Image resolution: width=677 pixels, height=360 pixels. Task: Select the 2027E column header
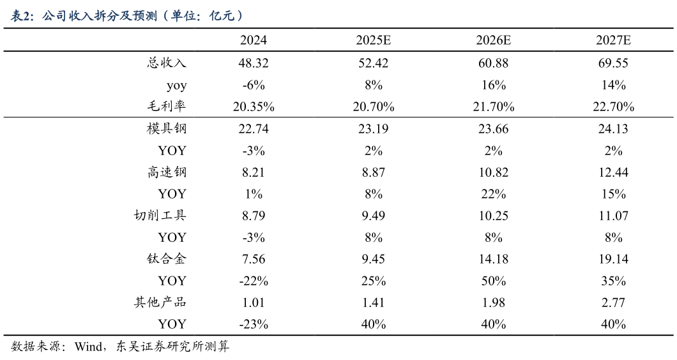613,41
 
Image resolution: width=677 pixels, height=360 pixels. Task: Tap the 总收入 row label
167,63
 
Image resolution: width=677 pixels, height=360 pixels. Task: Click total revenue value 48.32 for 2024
253,63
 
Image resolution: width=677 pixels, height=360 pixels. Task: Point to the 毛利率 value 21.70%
493,107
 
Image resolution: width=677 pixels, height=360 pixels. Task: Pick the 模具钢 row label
167,129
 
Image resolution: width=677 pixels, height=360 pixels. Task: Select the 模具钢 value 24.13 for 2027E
613,129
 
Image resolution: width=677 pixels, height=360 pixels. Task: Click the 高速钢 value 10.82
493,172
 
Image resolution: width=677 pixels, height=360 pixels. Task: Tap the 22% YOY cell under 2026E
493,194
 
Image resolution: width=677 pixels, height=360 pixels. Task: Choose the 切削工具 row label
160,216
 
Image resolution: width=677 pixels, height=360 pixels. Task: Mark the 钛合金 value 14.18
493,259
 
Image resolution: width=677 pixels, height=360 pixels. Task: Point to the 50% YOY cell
493,281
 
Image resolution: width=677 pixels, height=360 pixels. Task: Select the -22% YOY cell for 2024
253,281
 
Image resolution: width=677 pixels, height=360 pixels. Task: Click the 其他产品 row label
160,303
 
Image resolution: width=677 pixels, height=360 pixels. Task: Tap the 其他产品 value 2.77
613,303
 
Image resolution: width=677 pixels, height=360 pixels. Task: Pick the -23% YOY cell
253,324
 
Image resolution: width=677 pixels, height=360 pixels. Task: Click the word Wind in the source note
87,347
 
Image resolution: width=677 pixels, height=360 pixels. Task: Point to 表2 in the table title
23,15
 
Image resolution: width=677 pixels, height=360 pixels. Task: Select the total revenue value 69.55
613,63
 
